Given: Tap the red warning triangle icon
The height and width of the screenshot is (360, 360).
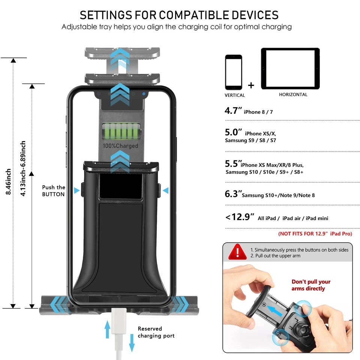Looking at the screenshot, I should [x=236, y=251].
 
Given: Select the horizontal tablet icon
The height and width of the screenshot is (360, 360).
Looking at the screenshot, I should [x=290, y=69].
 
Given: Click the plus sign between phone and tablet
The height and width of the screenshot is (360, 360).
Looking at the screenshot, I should [x=251, y=85].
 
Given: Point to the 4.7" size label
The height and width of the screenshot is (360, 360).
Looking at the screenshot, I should [x=233, y=111].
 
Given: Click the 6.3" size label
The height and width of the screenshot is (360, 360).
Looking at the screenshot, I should [x=233, y=194].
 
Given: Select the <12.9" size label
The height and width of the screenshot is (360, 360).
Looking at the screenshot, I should [x=240, y=217].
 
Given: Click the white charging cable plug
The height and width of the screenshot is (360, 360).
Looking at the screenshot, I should [x=120, y=319].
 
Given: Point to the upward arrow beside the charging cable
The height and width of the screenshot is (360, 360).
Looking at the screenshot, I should [x=108, y=329].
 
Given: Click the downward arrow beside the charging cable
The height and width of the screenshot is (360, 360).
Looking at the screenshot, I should [x=132, y=342].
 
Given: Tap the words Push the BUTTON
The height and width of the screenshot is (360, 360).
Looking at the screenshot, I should [x=53, y=190].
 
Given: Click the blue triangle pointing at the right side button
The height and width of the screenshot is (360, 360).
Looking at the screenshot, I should [x=165, y=190].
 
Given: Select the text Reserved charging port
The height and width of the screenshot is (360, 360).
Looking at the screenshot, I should [x=156, y=332].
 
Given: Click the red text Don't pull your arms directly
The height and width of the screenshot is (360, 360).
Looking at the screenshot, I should [x=311, y=285].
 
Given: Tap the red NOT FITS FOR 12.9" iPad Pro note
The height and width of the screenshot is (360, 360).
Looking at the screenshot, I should [x=315, y=234].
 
